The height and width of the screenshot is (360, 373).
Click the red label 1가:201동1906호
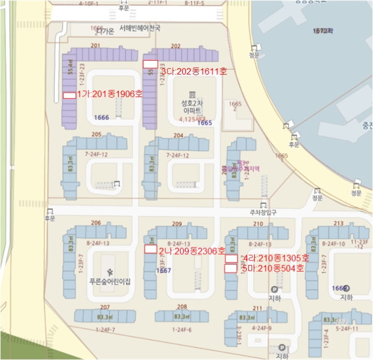point(110,94)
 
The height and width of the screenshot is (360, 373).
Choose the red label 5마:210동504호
point(272,268)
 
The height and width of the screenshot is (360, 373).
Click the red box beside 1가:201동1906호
point(69,95)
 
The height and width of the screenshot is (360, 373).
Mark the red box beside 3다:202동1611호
point(150,64)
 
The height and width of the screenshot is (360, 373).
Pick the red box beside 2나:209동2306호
point(150,249)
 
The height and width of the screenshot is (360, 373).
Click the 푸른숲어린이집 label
point(110,282)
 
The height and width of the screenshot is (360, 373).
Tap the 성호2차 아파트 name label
point(192,106)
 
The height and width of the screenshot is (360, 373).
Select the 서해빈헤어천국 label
point(140,28)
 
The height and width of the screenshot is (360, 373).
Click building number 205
point(96,135)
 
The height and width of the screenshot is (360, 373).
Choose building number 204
point(178,135)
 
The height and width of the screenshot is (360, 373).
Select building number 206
point(96,223)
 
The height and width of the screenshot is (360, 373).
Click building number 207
point(104,307)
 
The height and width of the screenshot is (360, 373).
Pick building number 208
point(182,307)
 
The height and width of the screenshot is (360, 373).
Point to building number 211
point(257,308)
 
